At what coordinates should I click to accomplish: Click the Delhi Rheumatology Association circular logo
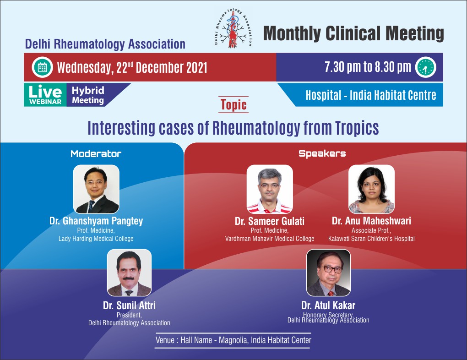233,28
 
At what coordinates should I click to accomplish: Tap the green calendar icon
42,67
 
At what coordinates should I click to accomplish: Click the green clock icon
426,67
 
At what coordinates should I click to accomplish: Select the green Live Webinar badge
45,95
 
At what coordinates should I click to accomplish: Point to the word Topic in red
233,104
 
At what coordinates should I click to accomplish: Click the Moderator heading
96,154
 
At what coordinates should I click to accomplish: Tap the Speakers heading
322,154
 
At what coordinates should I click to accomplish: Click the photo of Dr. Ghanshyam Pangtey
96,189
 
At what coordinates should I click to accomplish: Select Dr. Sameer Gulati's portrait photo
270,189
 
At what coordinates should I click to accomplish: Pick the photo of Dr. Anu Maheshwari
371,189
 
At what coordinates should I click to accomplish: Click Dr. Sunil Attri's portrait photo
129,273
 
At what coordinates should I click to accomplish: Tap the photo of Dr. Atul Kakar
329,273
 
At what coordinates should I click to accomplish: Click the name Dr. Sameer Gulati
270,221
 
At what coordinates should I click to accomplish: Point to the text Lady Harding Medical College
96,239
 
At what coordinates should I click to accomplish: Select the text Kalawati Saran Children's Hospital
371,239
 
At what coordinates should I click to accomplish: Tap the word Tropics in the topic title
357,128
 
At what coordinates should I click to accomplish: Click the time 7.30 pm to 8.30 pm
368,67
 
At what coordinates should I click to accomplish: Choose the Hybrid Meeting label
88,95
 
